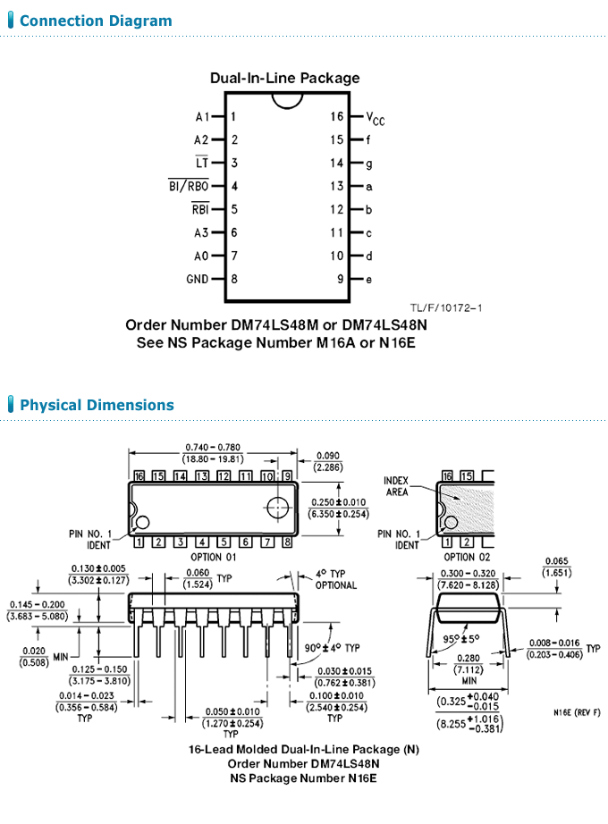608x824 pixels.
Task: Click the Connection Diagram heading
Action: point(96,21)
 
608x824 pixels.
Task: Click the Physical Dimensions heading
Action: point(97,405)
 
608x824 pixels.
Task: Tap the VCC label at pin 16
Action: point(376,118)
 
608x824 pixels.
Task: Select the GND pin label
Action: point(198,279)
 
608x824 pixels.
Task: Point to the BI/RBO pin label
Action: point(189,186)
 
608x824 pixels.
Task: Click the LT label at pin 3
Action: point(202,163)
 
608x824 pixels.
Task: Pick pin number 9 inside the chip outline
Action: point(341,279)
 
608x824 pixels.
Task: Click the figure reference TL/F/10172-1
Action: point(446,308)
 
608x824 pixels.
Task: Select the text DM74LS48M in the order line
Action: point(274,324)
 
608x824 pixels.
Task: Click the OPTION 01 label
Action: point(213,557)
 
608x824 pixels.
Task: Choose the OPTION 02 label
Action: point(467,557)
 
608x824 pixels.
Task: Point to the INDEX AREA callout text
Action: point(396,486)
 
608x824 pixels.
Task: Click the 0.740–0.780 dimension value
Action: point(213,447)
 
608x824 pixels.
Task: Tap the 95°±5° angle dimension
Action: point(460,639)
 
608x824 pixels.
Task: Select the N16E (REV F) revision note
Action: point(577,712)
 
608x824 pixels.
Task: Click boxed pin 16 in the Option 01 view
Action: point(139,476)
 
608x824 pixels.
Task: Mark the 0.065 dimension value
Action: point(556,561)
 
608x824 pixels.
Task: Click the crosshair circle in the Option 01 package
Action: point(278,508)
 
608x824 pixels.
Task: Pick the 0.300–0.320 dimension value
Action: point(469,574)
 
